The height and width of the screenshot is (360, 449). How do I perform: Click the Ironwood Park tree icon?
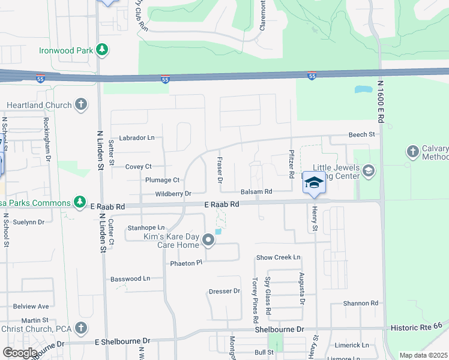click(x=103, y=49)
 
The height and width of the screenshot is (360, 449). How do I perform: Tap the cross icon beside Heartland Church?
click(x=81, y=105)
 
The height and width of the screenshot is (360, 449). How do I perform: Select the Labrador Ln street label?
click(x=137, y=138)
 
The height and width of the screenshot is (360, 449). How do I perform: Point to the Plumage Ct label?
click(x=163, y=180)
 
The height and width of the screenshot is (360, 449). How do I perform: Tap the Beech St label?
click(x=363, y=135)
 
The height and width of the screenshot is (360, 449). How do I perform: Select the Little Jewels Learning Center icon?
click(x=369, y=172)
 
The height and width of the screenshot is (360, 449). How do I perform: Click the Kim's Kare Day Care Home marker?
click(x=208, y=241)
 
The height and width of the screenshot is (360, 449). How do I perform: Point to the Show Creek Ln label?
click(x=278, y=257)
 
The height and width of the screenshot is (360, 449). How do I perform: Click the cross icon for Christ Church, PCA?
click(x=81, y=328)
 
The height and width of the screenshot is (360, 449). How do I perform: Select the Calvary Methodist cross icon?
click(x=412, y=151)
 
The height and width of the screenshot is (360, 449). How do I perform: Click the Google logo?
click(x=20, y=353)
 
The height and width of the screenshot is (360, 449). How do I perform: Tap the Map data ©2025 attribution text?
click(x=423, y=355)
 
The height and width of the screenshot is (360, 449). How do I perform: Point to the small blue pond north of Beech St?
click(x=363, y=90)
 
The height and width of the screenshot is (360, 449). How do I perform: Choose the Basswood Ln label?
click(x=130, y=279)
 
